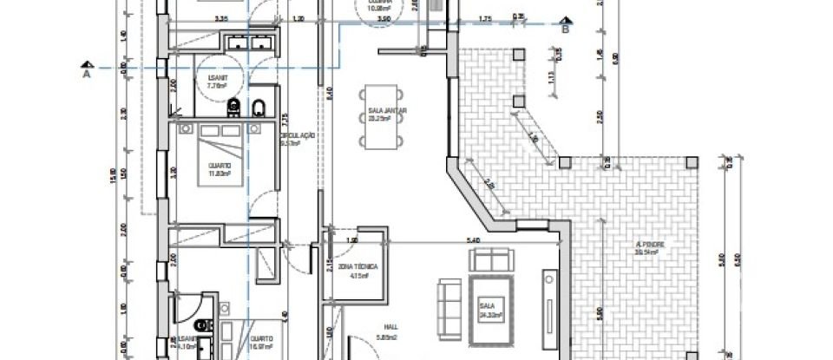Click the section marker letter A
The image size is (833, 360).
(87, 75)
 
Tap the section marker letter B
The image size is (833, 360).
(565, 29)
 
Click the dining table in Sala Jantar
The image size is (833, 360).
(382, 116)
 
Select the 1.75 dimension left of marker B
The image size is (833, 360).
(485, 18)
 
